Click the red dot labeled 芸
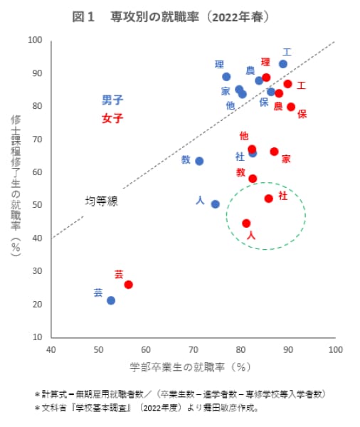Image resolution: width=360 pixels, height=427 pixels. coord(128,285)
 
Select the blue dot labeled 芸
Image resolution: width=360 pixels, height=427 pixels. coord(111,300)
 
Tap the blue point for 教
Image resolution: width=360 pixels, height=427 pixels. coord(199,161)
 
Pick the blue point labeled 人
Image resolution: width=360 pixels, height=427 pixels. coord(215,204)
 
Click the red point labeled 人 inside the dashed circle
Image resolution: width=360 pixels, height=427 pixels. coord(246,223)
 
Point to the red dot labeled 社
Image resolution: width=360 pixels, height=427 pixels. coord(268,199)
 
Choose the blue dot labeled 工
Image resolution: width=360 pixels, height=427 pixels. coord(282,64)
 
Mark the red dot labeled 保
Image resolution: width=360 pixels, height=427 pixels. coord(291,107)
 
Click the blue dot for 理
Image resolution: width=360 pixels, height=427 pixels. coord(226,77)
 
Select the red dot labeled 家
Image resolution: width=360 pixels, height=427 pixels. coord(274,152)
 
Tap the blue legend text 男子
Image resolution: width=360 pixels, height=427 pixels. coord(112,100)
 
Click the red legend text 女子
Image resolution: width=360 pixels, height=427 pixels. coord(112,118)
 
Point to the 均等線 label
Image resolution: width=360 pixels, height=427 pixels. coord(101,201)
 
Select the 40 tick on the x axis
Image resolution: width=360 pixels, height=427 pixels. coord(51,350)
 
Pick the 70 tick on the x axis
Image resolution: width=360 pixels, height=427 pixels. coord(193,350)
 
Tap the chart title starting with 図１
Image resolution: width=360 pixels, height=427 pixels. coord(180,16)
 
